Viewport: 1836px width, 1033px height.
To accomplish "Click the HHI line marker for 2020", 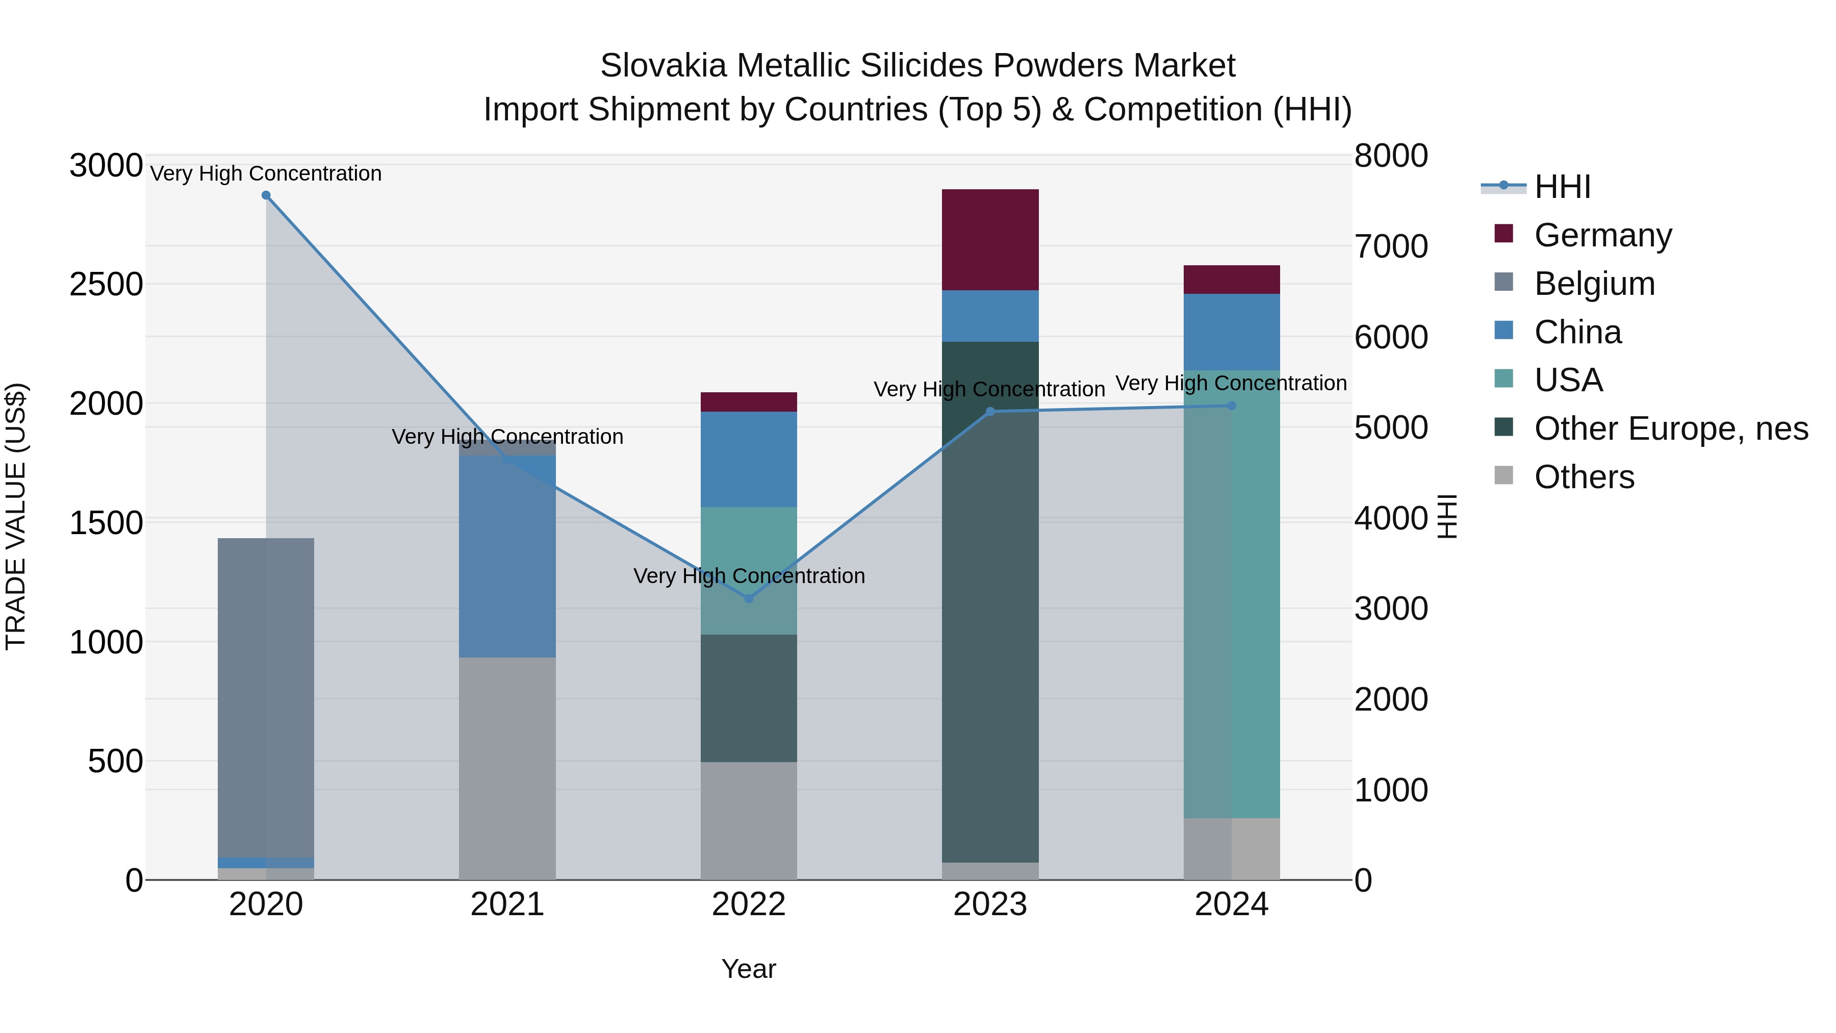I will (266, 195).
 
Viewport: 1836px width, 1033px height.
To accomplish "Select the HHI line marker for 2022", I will (748, 598).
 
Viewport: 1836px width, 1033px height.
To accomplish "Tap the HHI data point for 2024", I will (1231, 406).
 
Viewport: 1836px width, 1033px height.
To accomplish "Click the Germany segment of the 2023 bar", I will (990, 240).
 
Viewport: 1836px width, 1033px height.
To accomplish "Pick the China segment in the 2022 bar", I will (748, 459).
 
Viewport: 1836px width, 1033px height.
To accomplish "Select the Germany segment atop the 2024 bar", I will (1231, 280).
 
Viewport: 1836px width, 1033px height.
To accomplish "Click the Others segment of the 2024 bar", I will (1231, 848).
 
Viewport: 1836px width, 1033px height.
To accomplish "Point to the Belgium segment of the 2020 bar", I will (266, 697).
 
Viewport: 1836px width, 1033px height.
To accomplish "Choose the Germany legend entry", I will (1602, 235).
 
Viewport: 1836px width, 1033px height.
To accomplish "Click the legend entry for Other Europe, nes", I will (1671, 429).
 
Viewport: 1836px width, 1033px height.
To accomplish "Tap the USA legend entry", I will (1568, 380).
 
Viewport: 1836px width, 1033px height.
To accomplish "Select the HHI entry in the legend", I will (1562, 187).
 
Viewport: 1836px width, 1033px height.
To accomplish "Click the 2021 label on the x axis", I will (507, 904).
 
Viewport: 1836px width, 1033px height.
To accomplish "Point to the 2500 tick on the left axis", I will (106, 285).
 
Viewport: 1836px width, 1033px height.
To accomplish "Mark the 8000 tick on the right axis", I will (1391, 156).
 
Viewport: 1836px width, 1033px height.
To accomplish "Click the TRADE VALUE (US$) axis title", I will (16, 516).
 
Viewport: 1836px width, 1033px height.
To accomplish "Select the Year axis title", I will (748, 969).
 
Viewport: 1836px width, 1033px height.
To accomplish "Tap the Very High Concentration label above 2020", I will (266, 173).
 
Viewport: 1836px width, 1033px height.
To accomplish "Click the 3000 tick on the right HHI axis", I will (1391, 609).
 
